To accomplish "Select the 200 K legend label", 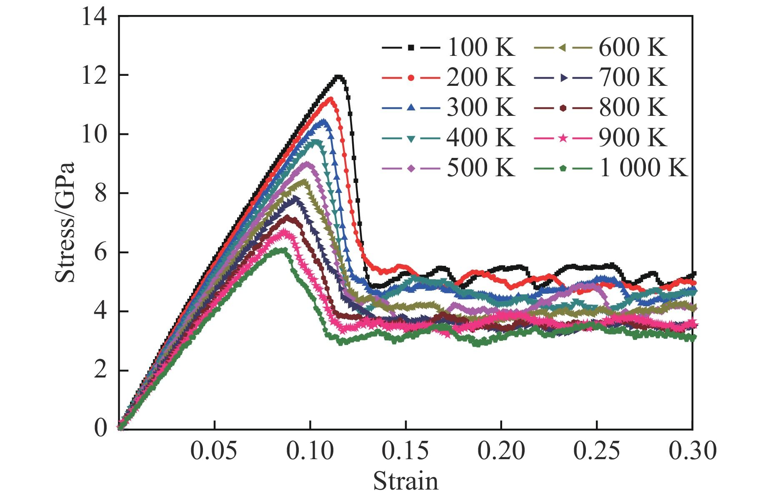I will [x=480, y=77].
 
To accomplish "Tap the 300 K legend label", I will [x=480, y=107].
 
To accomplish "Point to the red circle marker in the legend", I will [x=411, y=77].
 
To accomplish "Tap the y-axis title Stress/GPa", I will [x=65, y=222].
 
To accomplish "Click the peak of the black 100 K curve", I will [x=339, y=77].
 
